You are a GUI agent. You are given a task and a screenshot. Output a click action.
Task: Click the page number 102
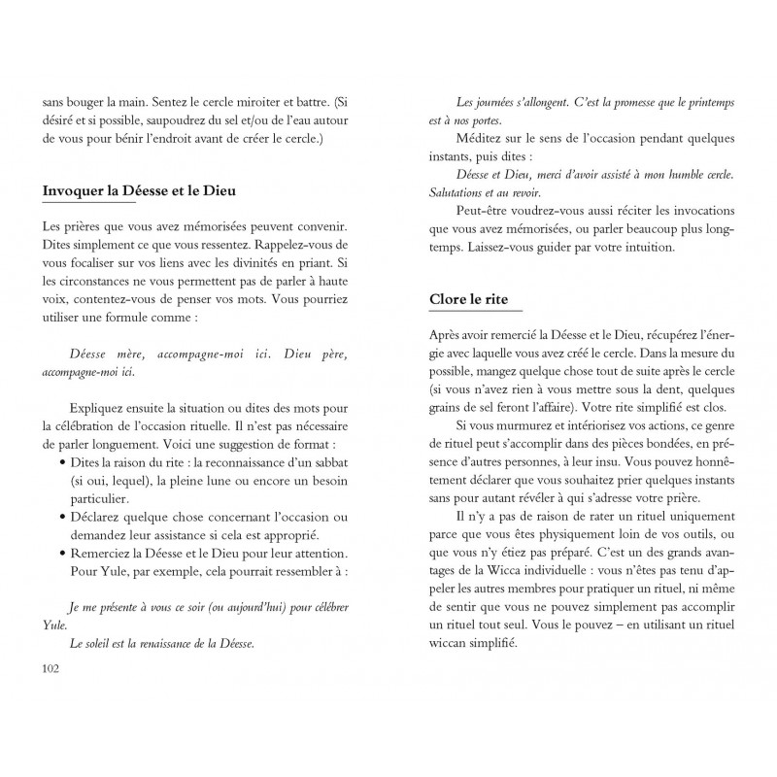point(51,668)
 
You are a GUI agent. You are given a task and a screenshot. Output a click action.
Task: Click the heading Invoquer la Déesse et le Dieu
point(140,190)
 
